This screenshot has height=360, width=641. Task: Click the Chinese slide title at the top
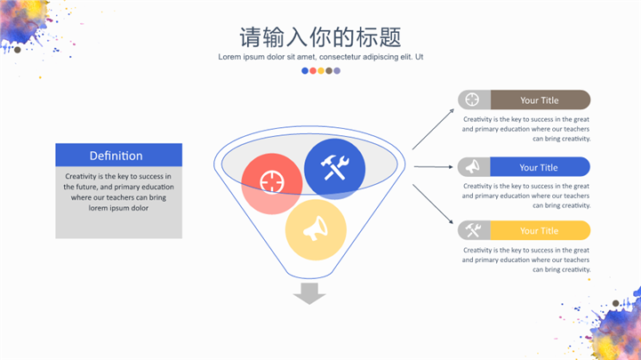pos(320,37)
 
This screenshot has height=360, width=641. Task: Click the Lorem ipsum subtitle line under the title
pos(320,57)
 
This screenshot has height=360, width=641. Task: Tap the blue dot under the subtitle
pos(305,70)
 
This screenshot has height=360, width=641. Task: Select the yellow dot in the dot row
pos(321,70)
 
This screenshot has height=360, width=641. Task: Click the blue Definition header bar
pos(118,156)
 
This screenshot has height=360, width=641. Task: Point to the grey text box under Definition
pos(118,203)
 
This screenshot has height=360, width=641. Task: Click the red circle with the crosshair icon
pos(269,183)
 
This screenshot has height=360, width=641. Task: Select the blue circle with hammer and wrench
pos(334,167)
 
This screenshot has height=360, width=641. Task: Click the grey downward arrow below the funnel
pos(309,293)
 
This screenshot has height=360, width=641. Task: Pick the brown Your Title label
pos(540,100)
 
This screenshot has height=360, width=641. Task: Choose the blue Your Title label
pos(539,167)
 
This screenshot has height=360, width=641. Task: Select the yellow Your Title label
pos(539,231)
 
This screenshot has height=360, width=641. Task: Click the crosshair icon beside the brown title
pos(472,100)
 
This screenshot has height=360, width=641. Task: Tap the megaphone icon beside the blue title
pos(472,167)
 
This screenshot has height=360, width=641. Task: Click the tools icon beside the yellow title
pos(472,231)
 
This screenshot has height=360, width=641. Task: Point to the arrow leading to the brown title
pos(432,130)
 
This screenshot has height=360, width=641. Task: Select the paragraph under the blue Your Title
pos(525,196)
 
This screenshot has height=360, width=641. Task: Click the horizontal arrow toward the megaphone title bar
pos(433,166)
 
